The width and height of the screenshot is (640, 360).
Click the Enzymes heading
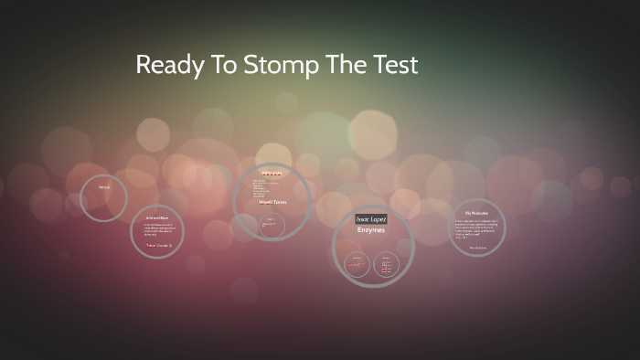pyautogui.click(x=371, y=231)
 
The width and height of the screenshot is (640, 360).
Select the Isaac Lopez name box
pyautogui.click(x=371, y=219)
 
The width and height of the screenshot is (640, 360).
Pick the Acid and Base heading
pyautogui.click(x=156, y=218)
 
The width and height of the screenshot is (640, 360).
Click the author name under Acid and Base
pyautogui.click(x=158, y=245)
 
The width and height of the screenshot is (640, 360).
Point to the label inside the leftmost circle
pyautogui.click(x=104, y=187)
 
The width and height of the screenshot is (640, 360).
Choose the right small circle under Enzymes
pyautogui.click(x=385, y=267)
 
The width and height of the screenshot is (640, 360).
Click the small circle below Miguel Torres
pyautogui.click(x=271, y=226)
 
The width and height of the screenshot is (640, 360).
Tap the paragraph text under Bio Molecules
pyautogui.click(x=477, y=229)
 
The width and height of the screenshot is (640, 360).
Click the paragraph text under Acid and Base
pyautogui.click(x=156, y=231)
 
